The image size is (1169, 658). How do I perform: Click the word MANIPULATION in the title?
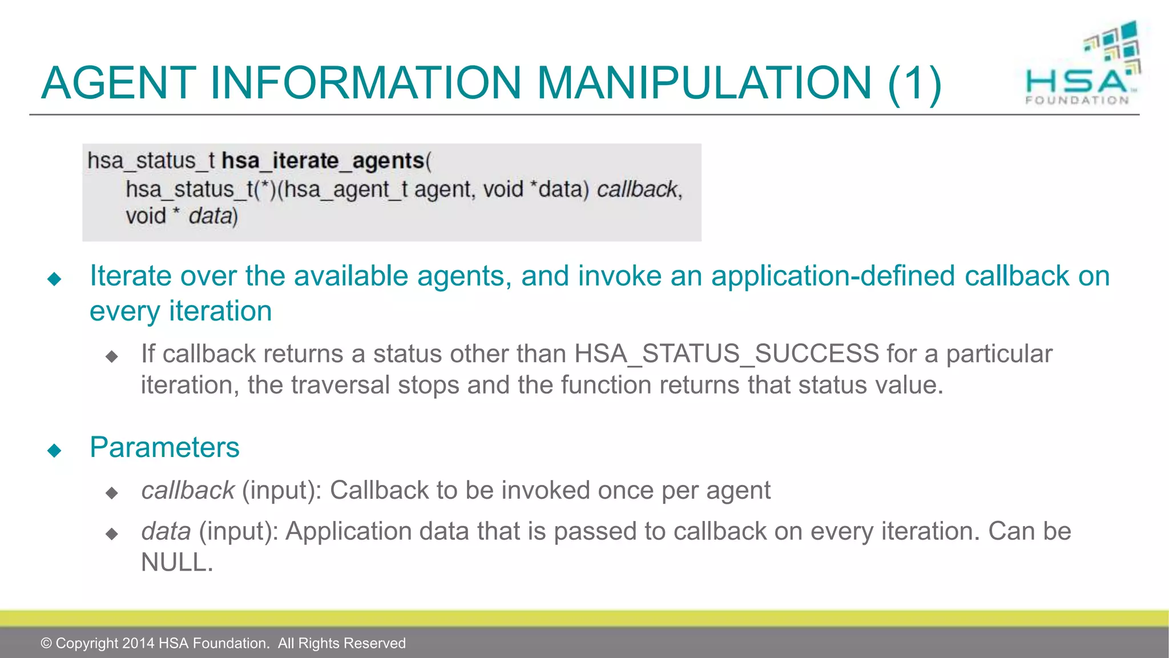tap(704, 83)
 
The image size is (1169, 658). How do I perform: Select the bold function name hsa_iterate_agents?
tap(323, 161)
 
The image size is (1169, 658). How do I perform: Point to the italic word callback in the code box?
tap(637, 189)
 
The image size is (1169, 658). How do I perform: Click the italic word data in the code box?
tap(210, 216)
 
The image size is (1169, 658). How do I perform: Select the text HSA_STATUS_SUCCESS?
tap(727, 354)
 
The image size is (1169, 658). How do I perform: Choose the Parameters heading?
tap(164, 447)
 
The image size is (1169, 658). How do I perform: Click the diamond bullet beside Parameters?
tap(54, 451)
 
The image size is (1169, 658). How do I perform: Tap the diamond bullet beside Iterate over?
tap(54, 279)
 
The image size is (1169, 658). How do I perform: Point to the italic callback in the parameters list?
tap(188, 491)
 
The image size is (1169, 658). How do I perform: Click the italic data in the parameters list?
tap(166, 531)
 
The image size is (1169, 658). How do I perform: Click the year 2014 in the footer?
tap(138, 643)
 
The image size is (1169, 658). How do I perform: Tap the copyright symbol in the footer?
tap(46, 643)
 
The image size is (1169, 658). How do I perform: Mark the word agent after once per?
tap(738, 491)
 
